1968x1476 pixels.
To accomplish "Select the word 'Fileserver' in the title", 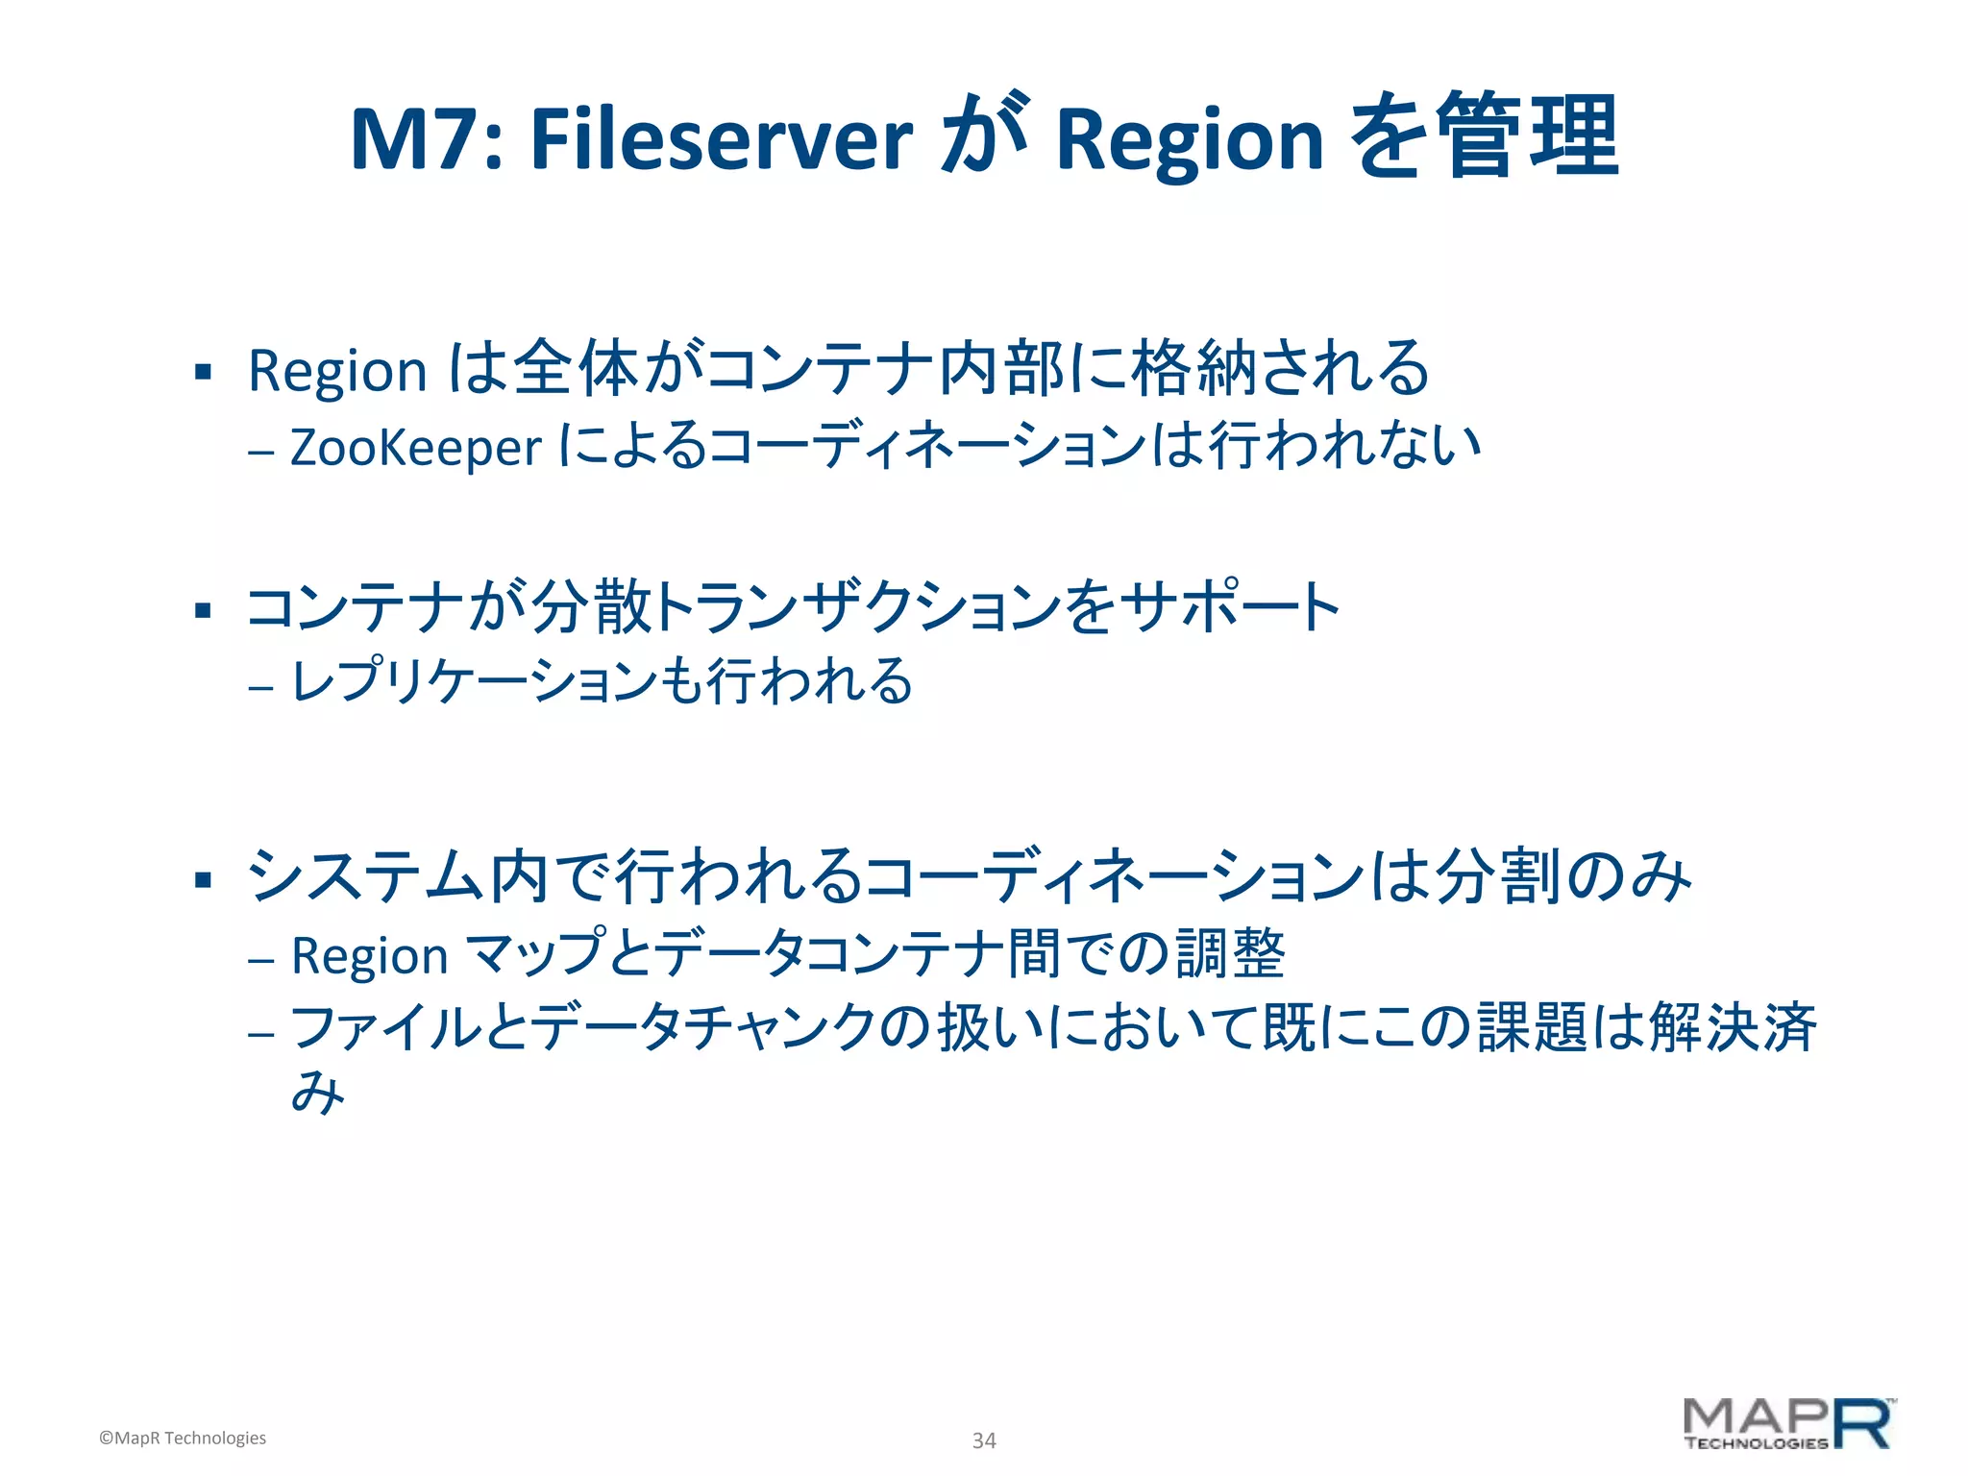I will (x=721, y=140).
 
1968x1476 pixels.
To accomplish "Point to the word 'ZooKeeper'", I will (x=415, y=448).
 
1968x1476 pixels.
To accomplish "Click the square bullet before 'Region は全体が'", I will (x=202, y=372).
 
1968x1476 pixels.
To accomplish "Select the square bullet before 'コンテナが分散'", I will (x=202, y=610).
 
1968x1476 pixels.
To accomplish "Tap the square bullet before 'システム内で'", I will (x=202, y=879).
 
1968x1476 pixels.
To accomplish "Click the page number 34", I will (x=984, y=1440).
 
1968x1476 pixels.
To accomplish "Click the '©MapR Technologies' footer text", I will (x=183, y=1438).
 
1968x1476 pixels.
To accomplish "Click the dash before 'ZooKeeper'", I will (x=260, y=452).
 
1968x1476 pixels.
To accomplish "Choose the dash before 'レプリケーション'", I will (x=260, y=687).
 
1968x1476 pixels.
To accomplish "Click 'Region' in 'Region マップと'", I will (x=370, y=957).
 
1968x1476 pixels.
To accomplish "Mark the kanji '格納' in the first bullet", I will (x=1195, y=369).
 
